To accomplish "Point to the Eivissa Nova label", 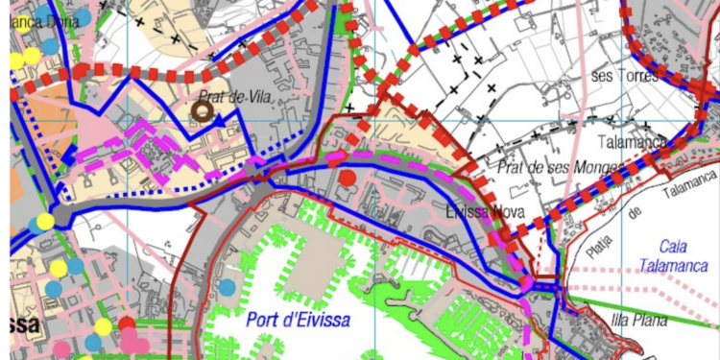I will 485,212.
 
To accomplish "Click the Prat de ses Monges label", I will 541,169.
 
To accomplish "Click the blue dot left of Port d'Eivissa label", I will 227,286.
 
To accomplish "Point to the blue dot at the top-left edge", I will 84,16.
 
